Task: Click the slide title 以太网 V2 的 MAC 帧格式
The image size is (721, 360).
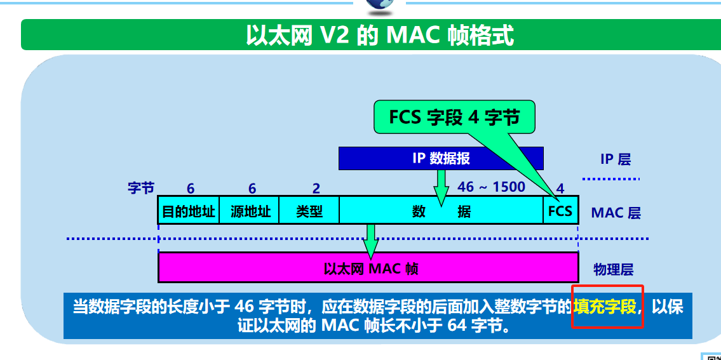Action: [x=379, y=35]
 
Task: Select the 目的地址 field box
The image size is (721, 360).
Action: [x=188, y=211]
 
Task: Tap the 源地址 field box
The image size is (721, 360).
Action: [x=250, y=211]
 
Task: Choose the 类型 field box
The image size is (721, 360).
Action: [x=309, y=211]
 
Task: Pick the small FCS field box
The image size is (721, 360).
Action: [x=560, y=211]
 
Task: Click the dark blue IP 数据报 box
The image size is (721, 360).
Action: [x=441, y=158]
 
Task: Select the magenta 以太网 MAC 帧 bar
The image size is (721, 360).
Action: [x=368, y=267]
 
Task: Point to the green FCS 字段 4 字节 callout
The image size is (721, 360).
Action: [x=454, y=117]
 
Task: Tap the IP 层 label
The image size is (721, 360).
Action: [x=615, y=159]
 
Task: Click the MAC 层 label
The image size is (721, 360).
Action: [x=616, y=213]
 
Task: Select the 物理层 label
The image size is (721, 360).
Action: [x=613, y=269]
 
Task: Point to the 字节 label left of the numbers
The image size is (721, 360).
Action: [x=141, y=187]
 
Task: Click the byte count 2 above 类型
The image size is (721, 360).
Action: [x=316, y=189]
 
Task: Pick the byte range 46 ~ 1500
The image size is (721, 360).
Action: [x=491, y=187]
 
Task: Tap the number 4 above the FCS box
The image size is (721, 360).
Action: [x=560, y=189]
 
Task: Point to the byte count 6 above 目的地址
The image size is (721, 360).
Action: [x=191, y=189]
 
